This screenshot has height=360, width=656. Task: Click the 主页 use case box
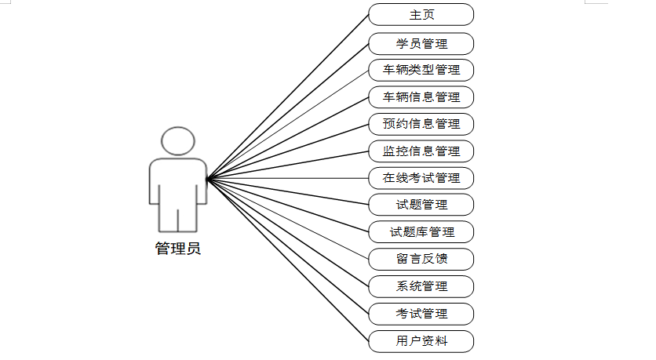click(421, 15)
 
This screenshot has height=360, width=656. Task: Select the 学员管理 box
click(421, 42)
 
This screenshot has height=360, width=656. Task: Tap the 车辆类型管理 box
click(421, 70)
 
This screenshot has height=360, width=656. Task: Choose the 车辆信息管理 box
click(421, 97)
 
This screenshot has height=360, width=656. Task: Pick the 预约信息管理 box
click(421, 124)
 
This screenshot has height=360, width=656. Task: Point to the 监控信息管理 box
click(421, 151)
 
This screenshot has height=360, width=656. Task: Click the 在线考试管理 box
click(421, 178)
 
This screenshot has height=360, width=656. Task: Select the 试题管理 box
click(421, 205)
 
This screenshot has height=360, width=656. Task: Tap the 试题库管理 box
click(421, 232)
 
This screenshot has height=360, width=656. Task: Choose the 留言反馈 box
click(421, 259)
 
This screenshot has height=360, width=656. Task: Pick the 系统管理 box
click(421, 286)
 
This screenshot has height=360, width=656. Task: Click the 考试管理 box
click(421, 314)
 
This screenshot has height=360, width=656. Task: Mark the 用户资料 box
click(421, 341)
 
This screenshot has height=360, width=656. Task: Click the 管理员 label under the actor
click(177, 249)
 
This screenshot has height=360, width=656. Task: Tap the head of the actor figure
click(177, 141)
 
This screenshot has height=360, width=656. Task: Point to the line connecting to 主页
click(287, 96)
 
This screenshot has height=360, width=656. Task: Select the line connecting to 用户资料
click(287, 260)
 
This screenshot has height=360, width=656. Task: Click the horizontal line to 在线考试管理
click(287, 178)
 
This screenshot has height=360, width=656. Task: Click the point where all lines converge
click(207, 179)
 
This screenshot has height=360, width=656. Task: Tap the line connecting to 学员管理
click(287, 111)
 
